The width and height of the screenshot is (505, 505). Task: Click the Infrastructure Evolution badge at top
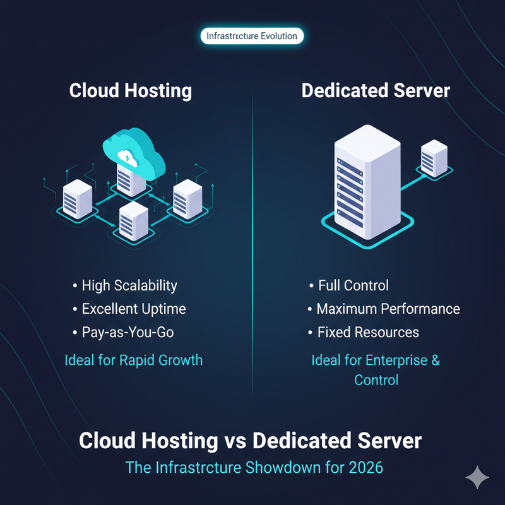pyautogui.click(x=252, y=36)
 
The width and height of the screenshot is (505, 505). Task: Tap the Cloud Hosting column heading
pyautogui.click(x=131, y=90)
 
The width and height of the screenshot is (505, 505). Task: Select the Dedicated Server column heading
pyautogui.click(x=376, y=90)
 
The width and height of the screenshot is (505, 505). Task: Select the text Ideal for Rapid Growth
pyautogui.click(x=134, y=360)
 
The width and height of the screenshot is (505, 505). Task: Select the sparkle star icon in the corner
pyautogui.click(x=477, y=478)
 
